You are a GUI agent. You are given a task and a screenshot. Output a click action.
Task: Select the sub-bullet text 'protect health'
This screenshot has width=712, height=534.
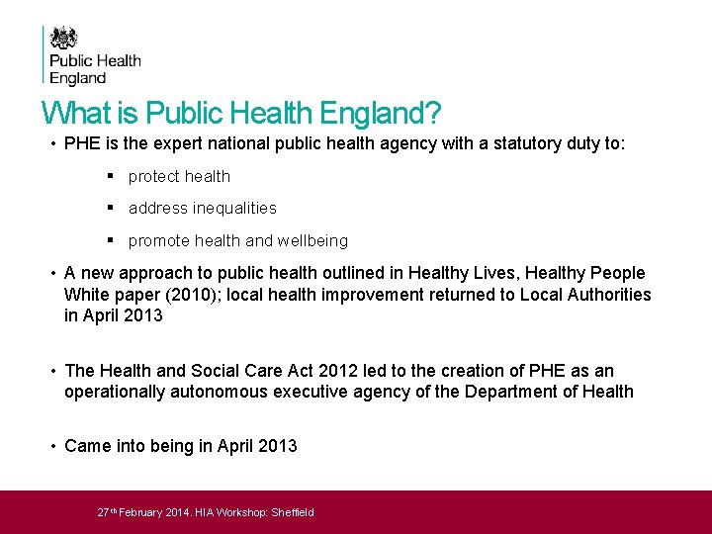179,176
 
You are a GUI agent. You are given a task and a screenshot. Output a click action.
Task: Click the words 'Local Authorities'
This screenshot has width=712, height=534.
587,294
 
